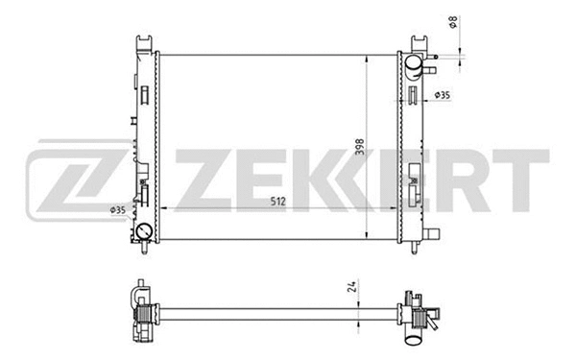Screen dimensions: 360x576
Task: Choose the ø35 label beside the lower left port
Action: pyautogui.click(x=118, y=210)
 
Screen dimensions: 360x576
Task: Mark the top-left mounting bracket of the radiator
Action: pyautogui.click(x=143, y=43)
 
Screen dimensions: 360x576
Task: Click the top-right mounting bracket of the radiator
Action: pyautogui.click(x=420, y=43)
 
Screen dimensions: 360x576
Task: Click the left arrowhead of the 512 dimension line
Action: pyautogui.click(x=162, y=208)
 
